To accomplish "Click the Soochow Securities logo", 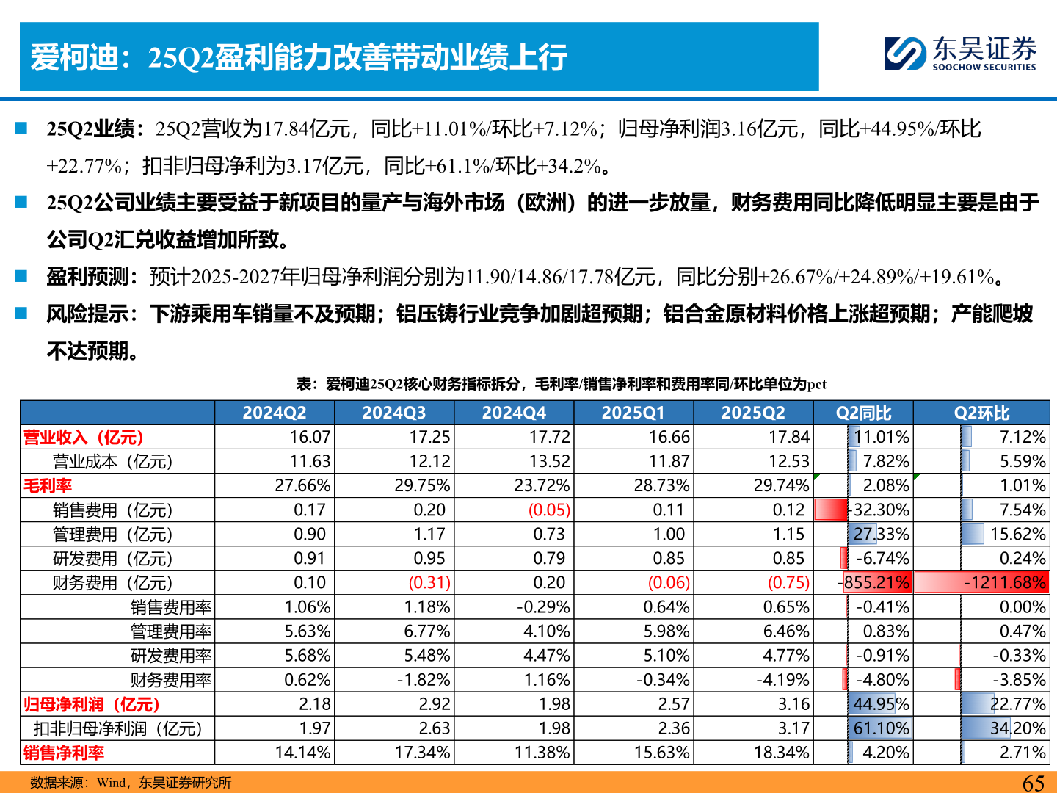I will [960, 54].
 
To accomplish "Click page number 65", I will [1033, 783].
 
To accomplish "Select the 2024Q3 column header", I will [393, 413].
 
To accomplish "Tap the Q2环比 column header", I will [981, 413].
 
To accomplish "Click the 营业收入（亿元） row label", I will [84, 438].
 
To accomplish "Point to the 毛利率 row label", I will [48, 486].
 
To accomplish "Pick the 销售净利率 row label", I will [64, 753].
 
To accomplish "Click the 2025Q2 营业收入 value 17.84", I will [788, 437].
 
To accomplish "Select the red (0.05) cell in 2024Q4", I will [548, 510].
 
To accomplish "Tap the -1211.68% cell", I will [1004, 583].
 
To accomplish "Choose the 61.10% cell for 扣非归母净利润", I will [881, 728].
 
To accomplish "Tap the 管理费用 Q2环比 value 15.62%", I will [1017, 535].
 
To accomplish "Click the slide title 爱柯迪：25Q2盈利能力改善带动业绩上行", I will [299, 57].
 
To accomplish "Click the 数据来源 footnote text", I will [131, 783].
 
